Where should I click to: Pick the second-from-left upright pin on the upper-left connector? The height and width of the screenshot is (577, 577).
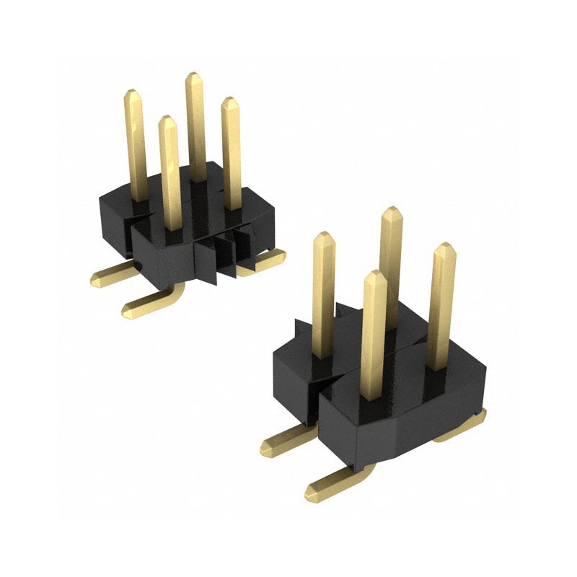click(169, 173)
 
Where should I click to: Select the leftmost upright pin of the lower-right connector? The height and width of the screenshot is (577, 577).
click(324, 296)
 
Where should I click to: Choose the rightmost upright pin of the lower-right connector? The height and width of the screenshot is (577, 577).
click(442, 303)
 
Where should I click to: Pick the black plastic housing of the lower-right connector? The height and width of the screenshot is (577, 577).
click(389, 418)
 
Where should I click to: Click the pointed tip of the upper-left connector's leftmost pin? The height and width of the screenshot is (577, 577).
click(133, 94)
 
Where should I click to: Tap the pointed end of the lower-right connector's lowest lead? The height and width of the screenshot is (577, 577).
click(310, 492)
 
